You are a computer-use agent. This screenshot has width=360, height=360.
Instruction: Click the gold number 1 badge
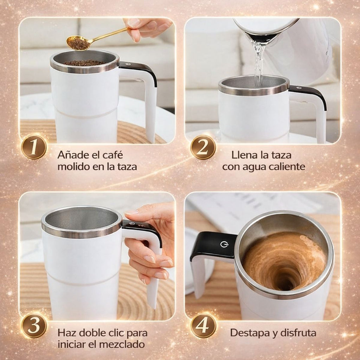pos(34,147)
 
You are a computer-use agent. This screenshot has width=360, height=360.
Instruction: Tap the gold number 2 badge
pos(203,147)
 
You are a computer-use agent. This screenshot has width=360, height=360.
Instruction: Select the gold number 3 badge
pos(34,326)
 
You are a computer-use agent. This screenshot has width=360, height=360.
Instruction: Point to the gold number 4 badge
pos(203,326)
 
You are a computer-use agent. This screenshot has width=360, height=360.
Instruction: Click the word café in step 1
pos(112,155)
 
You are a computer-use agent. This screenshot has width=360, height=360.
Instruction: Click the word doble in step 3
pos(94,333)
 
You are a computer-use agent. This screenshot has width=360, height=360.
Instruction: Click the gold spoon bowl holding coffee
pos(78,43)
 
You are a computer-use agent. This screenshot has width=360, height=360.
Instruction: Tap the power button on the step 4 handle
pos(224,244)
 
